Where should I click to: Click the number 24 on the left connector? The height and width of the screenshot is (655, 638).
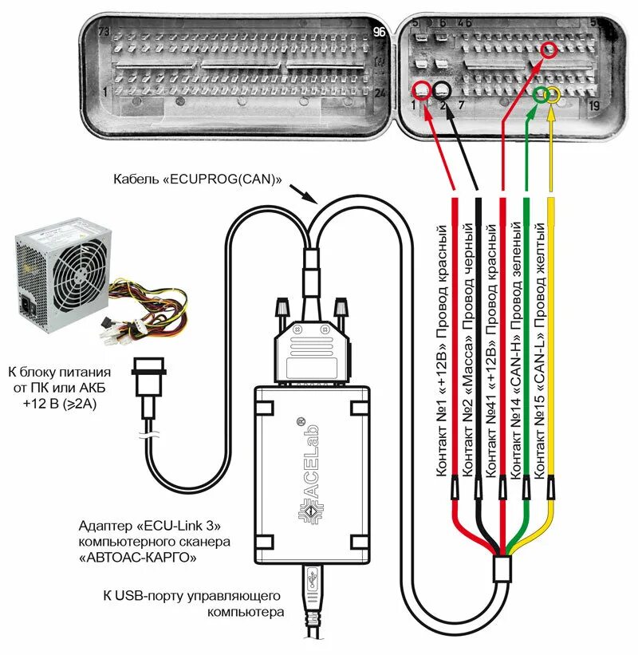point(380,93)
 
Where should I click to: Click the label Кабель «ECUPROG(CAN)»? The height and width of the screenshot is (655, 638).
point(199,180)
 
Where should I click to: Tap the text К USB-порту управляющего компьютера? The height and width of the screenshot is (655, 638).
point(192,604)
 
